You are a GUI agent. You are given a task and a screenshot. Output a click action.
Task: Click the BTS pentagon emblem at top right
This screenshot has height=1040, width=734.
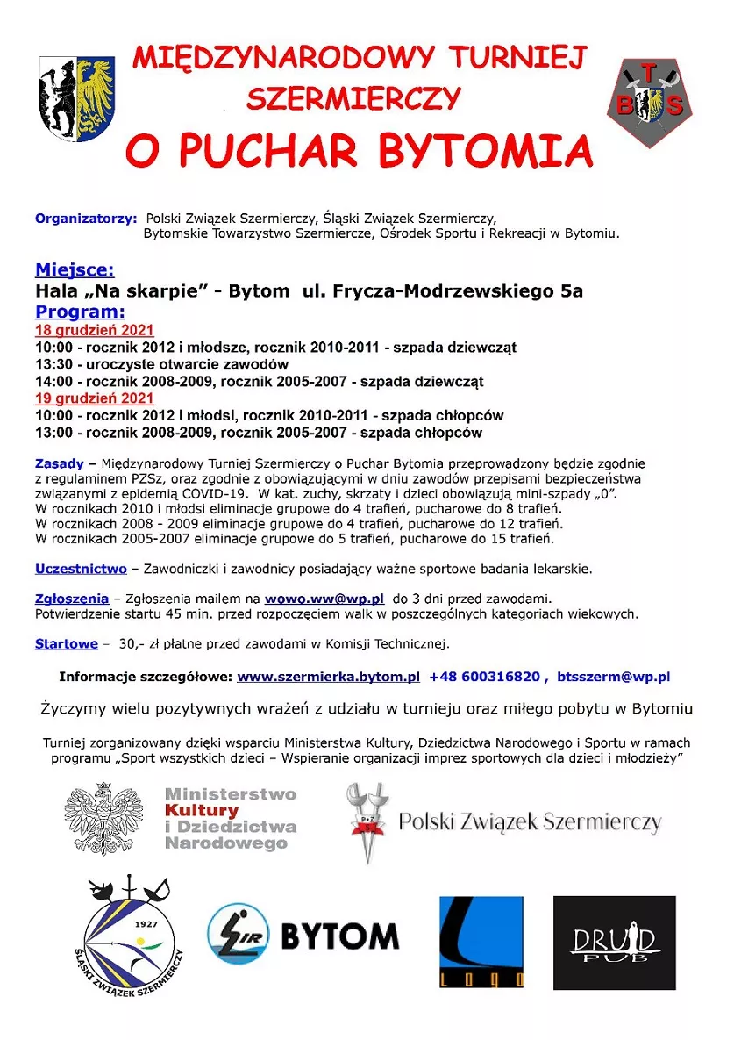click(649, 101)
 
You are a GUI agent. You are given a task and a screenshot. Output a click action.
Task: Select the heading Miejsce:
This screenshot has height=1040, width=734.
click(75, 269)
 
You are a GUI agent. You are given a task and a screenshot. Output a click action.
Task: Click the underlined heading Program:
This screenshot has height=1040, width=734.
click(80, 312)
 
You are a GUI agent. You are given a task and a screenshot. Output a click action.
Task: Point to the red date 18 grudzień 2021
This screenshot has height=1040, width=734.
click(94, 330)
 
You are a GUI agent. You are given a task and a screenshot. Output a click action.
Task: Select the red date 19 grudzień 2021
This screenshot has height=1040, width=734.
click(94, 398)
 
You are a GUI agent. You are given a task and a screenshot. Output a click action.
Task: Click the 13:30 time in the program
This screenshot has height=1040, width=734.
click(53, 364)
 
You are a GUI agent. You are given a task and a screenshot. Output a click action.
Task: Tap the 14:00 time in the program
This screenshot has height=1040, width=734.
click(53, 382)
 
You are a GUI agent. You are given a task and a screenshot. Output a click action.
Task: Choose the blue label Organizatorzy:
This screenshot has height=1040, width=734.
click(86, 218)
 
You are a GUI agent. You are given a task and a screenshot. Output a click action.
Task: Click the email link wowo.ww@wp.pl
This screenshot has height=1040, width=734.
click(324, 599)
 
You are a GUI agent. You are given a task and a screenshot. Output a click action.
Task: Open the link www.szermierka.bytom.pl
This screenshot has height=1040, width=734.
click(328, 677)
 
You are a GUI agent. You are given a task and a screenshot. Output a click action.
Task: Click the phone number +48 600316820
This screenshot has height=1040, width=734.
click(484, 677)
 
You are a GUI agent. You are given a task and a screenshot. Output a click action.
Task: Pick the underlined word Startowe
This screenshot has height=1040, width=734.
click(66, 643)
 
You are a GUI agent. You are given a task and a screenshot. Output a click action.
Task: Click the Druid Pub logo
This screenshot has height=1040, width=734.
click(614, 943)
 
